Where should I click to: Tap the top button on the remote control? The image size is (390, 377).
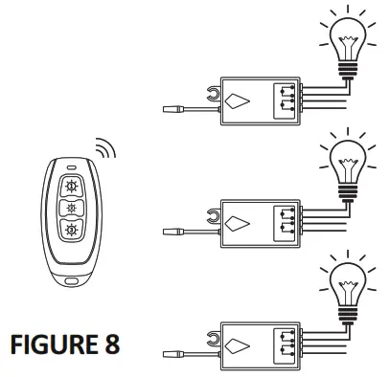70,187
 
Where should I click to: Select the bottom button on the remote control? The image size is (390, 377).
70,230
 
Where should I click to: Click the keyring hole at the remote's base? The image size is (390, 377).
70,281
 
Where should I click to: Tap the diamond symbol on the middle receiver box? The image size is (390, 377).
240,224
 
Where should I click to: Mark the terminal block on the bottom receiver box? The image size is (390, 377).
287,341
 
